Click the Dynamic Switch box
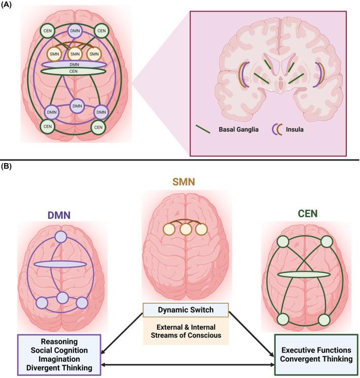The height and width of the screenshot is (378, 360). (x=185, y=309)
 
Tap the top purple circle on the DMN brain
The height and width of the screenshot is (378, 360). (x=60, y=237)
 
